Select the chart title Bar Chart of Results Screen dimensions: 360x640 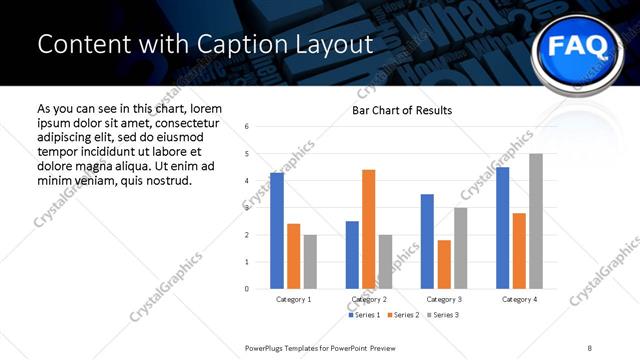402,110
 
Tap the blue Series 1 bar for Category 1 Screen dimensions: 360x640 276,230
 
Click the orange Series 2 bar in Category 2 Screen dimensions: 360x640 368,229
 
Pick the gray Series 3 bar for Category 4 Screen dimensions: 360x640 536,221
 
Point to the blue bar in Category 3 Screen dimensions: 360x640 427,241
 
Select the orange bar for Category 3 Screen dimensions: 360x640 444,264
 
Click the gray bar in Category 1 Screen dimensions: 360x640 310,261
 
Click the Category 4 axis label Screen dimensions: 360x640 519,299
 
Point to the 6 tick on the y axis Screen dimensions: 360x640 246,126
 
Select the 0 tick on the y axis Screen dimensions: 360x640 246,289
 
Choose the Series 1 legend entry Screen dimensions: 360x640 362,315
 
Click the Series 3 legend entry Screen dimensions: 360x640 443,315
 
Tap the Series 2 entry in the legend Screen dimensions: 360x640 402,315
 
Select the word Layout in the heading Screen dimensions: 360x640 337,44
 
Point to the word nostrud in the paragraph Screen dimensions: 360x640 167,180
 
